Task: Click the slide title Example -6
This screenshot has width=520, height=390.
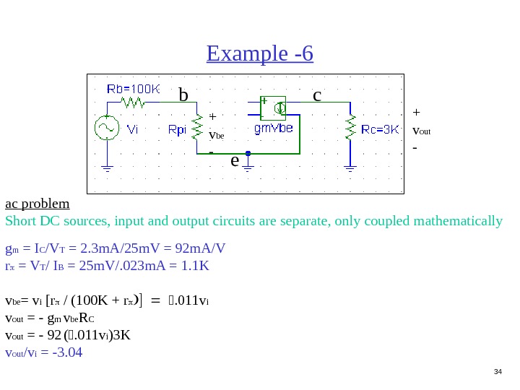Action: point(260,54)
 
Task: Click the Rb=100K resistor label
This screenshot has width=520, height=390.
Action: point(134,89)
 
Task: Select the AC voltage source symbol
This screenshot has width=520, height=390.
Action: point(107,129)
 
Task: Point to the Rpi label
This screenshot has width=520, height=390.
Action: point(177,131)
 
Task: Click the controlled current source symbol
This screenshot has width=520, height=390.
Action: point(274,108)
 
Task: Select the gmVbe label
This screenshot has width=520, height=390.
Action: point(274,129)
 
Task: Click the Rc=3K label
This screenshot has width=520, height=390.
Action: point(380,130)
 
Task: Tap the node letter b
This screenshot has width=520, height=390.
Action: point(183,95)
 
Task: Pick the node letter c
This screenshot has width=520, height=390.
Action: point(316,95)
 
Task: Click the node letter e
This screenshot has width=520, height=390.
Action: point(235,160)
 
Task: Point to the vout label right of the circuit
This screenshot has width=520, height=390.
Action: point(421,131)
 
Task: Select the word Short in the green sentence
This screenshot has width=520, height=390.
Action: point(19,220)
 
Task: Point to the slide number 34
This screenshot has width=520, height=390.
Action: point(498,372)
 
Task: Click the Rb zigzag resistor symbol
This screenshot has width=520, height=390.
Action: point(134,103)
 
